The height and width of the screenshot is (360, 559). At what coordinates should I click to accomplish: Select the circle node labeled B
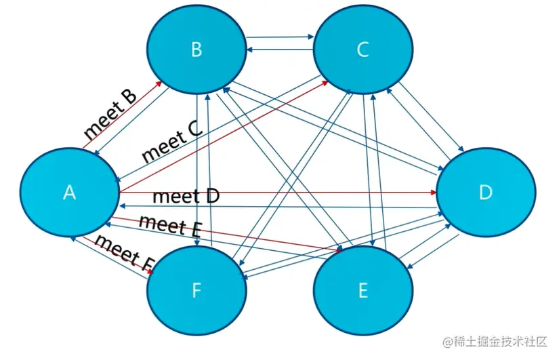196,49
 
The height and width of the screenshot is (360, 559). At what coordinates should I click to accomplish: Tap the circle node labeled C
362,49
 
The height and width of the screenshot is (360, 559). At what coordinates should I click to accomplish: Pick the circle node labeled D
484,193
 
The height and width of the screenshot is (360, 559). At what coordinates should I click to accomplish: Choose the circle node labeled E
363,292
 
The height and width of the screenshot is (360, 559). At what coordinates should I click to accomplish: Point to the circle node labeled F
196,292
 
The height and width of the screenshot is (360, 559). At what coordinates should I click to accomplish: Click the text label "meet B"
110,114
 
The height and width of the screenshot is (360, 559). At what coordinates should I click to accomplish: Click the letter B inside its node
196,49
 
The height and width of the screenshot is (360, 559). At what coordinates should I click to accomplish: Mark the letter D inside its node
484,193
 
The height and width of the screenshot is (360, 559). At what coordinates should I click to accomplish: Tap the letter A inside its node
69,193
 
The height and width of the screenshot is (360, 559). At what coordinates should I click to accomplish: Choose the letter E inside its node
363,292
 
